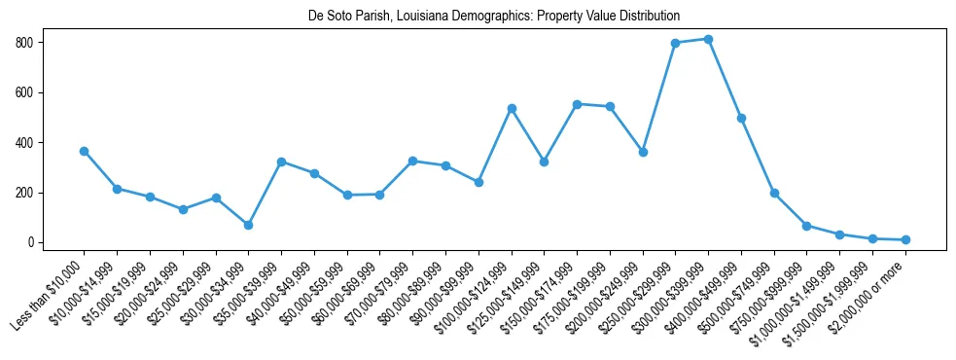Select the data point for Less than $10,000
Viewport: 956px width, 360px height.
tap(84, 151)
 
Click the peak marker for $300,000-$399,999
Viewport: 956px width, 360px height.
tap(708, 39)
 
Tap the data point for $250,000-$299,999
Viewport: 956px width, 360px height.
tap(675, 43)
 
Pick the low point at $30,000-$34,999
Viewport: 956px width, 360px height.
tap(248, 225)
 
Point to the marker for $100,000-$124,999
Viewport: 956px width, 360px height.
tap(512, 108)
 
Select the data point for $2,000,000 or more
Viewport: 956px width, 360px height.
tap(905, 239)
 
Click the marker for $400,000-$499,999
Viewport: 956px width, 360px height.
tap(741, 118)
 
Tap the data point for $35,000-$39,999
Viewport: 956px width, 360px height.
tap(281, 162)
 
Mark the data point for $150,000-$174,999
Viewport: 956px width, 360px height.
tap(577, 104)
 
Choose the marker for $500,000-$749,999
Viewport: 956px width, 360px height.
tap(774, 193)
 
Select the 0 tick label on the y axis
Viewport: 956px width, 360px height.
tap(40, 242)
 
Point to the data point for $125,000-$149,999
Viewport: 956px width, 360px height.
tap(544, 162)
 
